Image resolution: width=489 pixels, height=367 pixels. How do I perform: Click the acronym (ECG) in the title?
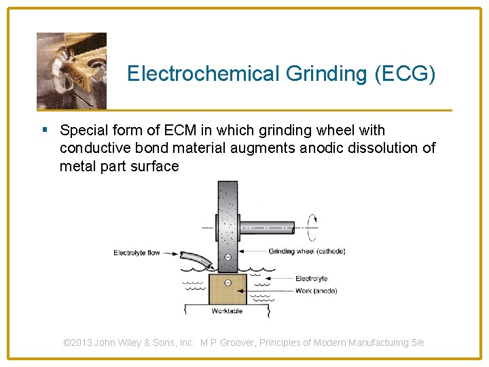[x=405, y=73]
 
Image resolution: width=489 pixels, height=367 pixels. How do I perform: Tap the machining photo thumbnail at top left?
[x=71, y=71]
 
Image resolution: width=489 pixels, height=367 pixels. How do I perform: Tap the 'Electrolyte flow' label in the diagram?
[x=137, y=253]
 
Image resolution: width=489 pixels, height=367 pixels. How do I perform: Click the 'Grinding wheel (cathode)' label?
[x=307, y=251]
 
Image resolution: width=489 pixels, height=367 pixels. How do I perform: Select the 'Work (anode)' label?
[x=316, y=291]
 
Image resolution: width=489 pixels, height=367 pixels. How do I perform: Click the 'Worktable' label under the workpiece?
[x=227, y=311]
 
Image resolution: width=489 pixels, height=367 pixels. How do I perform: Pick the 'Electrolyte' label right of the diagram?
[x=311, y=278]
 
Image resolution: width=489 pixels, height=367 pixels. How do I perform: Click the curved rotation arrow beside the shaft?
[x=312, y=226]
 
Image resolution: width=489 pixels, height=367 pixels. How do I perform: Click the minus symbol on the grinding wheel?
[x=228, y=257]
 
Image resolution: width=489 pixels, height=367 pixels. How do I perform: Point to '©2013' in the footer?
[x=78, y=343]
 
